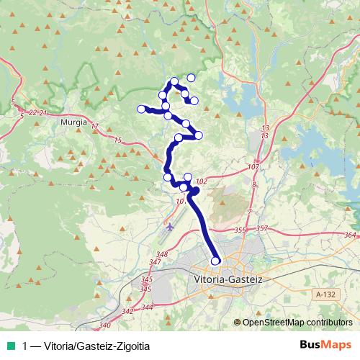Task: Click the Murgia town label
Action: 74,122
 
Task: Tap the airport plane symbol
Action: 170,228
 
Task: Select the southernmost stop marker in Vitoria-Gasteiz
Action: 215,261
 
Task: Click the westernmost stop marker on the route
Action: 141,109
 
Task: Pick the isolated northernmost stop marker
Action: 192,78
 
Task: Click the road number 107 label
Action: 252,167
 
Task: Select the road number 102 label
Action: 201,181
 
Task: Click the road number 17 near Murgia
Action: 94,127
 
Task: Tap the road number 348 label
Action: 161,255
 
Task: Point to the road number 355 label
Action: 240,230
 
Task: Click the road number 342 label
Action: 127,311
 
